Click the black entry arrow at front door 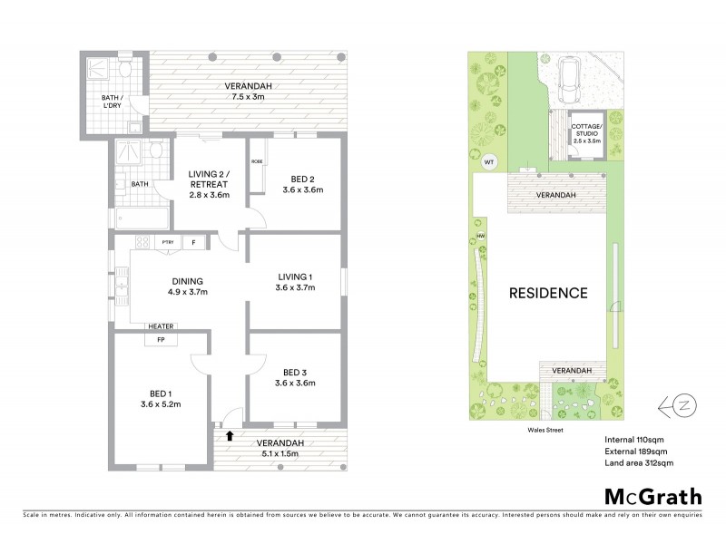(229, 436)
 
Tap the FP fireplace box (161, 339)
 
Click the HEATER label (161, 326)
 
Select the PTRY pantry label (168, 242)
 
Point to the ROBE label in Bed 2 (257, 160)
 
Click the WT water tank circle (489, 162)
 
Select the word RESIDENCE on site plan (547, 293)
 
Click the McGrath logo (652, 496)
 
